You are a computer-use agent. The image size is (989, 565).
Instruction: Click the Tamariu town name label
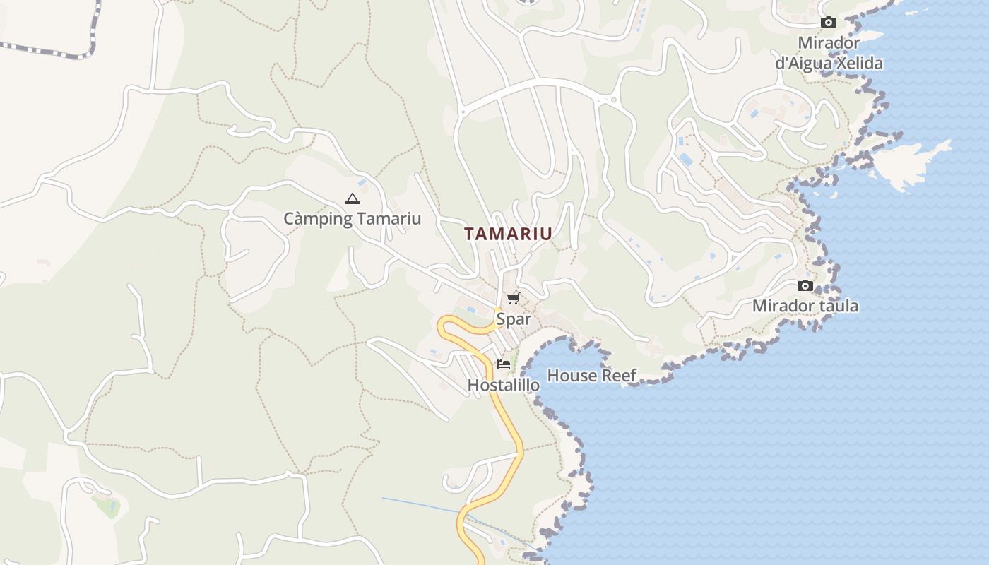(x=508, y=234)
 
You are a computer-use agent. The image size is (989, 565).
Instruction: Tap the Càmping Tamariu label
(x=352, y=218)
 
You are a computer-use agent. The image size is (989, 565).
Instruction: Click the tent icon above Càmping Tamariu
(x=352, y=199)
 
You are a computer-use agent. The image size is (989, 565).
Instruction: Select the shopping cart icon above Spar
(x=513, y=299)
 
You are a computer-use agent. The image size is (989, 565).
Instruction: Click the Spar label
(x=513, y=319)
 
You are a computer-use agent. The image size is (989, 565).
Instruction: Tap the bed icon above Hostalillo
(x=504, y=364)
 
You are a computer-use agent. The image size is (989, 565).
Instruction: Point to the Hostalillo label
(x=504, y=385)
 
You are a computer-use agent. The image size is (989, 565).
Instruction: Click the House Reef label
(x=592, y=376)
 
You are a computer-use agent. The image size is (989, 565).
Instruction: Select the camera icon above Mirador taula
(x=805, y=286)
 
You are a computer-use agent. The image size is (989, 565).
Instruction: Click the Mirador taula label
(x=805, y=306)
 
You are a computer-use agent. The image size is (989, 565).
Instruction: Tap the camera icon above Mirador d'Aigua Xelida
(x=829, y=23)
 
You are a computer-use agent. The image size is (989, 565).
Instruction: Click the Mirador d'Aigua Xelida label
(x=829, y=53)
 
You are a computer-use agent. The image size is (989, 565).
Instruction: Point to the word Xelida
(x=860, y=64)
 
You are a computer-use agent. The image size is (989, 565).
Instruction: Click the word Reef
(x=620, y=376)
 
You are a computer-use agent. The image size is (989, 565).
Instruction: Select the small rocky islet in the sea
(x=911, y=162)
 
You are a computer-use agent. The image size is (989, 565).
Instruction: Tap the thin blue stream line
(x=424, y=505)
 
